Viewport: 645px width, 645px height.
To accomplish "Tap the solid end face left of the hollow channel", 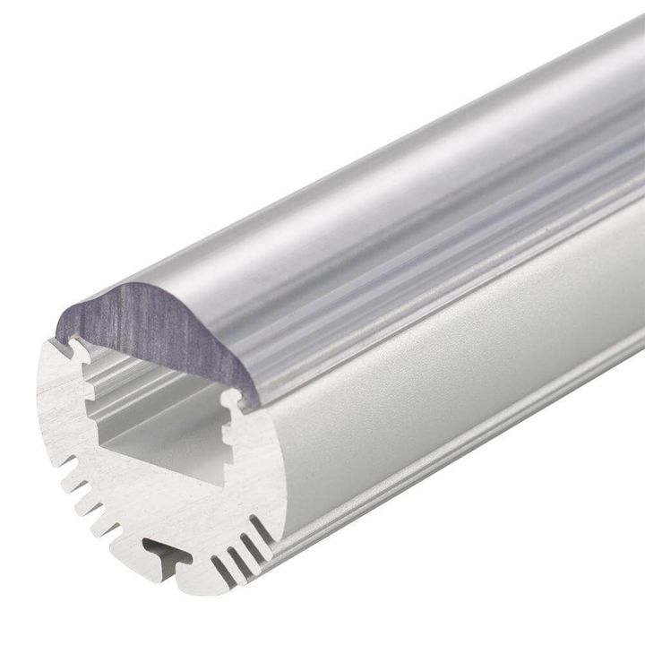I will [x=63, y=403].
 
